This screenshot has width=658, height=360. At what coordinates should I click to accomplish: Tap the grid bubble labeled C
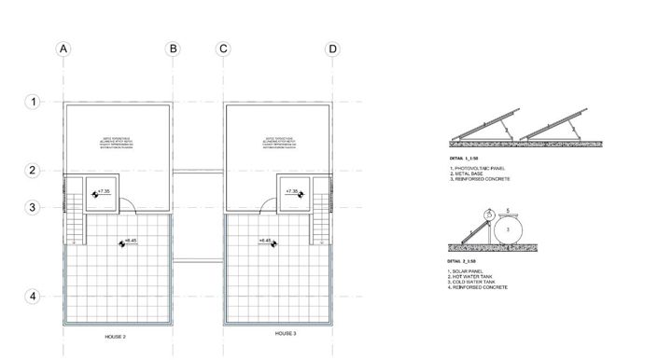click(x=223, y=49)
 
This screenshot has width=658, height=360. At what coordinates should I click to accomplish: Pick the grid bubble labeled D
click(x=332, y=49)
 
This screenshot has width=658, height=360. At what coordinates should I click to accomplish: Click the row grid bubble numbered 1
click(x=33, y=101)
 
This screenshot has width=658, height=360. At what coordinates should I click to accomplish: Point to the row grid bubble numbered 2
click(x=33, y=170)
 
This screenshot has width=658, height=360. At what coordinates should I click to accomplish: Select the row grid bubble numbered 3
click(x=33, y=208)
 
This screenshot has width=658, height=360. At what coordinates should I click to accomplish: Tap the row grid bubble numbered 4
click(x=33, y=297)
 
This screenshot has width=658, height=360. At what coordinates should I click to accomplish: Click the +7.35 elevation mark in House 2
click(x=104, y=191)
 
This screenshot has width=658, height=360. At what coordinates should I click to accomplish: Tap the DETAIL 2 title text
click(x=464, y=262)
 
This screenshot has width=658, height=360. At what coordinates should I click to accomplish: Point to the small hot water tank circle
click(x=485, y=214)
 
